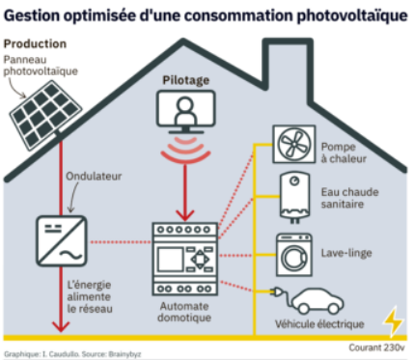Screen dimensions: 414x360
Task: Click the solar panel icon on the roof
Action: (x=44, y=114)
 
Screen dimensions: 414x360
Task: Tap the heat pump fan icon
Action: (x=294, y=144)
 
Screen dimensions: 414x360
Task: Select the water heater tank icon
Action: (x=294, y=197)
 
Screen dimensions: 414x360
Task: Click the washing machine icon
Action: (x=294, y=255)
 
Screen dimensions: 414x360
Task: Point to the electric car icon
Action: (x=317, y=301)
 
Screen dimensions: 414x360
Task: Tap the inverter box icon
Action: (x=61, y=241)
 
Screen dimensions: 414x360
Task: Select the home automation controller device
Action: (x=185, y=259)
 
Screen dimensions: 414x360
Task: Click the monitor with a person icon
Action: (x=186, y=112)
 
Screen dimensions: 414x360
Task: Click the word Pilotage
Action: (x=186, y=80)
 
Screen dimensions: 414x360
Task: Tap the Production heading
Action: (x=35, y=43)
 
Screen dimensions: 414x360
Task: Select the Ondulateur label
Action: (x=94, y=177)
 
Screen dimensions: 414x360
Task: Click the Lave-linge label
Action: (x=346, y=253)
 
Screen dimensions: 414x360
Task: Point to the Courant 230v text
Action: (x=376, y=347)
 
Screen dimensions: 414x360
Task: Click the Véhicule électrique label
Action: (x=319, y=323)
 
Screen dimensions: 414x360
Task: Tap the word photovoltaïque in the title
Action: (x=352, y=15)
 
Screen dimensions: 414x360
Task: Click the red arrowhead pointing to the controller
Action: (x=185, y=215)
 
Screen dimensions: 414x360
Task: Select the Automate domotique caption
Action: (x=184, y=312)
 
